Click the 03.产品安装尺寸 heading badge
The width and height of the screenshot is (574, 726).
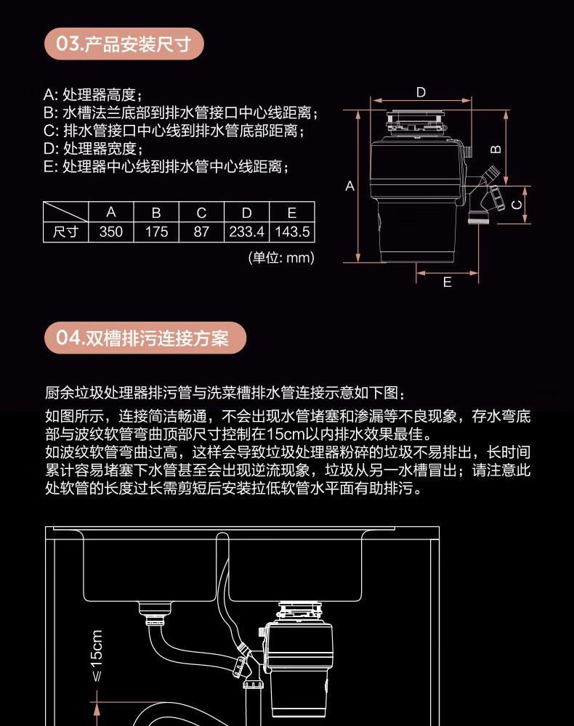[124, 44]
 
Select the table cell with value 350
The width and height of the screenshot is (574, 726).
[111, 232]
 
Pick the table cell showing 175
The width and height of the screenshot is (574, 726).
[156, 232]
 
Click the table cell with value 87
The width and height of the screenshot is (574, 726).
[201, 232]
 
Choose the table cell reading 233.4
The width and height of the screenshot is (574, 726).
[246, 232]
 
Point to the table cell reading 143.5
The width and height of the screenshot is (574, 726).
[292, 232]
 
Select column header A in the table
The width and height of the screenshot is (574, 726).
[111, 213]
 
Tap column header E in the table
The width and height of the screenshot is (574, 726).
[292, 213]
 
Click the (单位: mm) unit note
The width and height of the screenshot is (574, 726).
[281, 258]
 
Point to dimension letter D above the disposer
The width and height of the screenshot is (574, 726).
[421, 92]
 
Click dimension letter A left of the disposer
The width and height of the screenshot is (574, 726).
[349, 187]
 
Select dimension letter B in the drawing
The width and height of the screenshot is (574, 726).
[496, 149]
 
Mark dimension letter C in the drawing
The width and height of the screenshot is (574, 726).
[517, 205]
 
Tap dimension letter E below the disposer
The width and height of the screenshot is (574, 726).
[447, 282]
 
